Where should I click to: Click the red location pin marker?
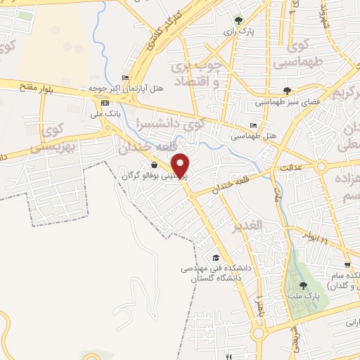point(181,165)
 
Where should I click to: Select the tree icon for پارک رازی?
point(239,20)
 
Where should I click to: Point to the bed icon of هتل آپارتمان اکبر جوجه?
point(126,77)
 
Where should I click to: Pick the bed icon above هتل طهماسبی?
point(253,124)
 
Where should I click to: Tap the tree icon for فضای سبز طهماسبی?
point(286,90)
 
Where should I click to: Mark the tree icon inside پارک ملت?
point(303,285)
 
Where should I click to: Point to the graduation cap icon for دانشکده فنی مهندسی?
point(215,258)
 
